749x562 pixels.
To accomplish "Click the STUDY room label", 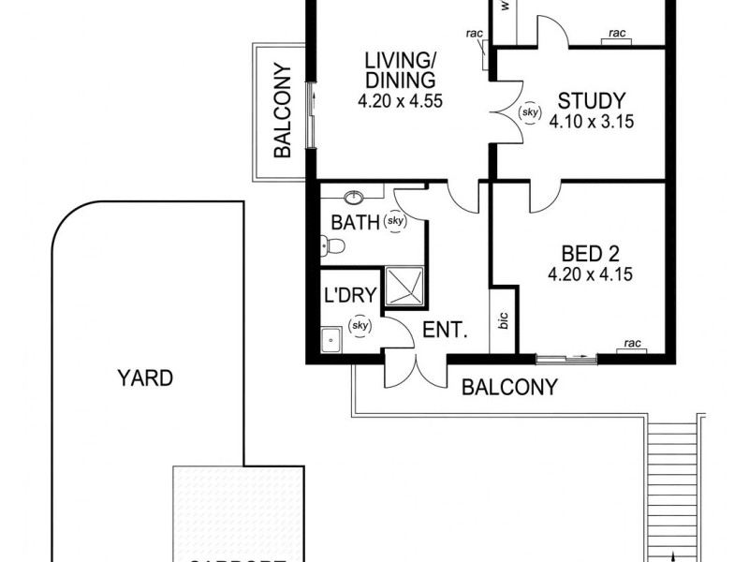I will click(586, 100).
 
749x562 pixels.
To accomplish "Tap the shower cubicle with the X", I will click(404, 286).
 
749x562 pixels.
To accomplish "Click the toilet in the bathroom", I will click(333, 245).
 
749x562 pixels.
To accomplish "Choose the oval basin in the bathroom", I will click(355, 197).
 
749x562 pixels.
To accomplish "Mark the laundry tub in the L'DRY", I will click(330, 340).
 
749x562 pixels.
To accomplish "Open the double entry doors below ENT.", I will click(414, 370).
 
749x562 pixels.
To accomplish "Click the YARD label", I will click(145, 378).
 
